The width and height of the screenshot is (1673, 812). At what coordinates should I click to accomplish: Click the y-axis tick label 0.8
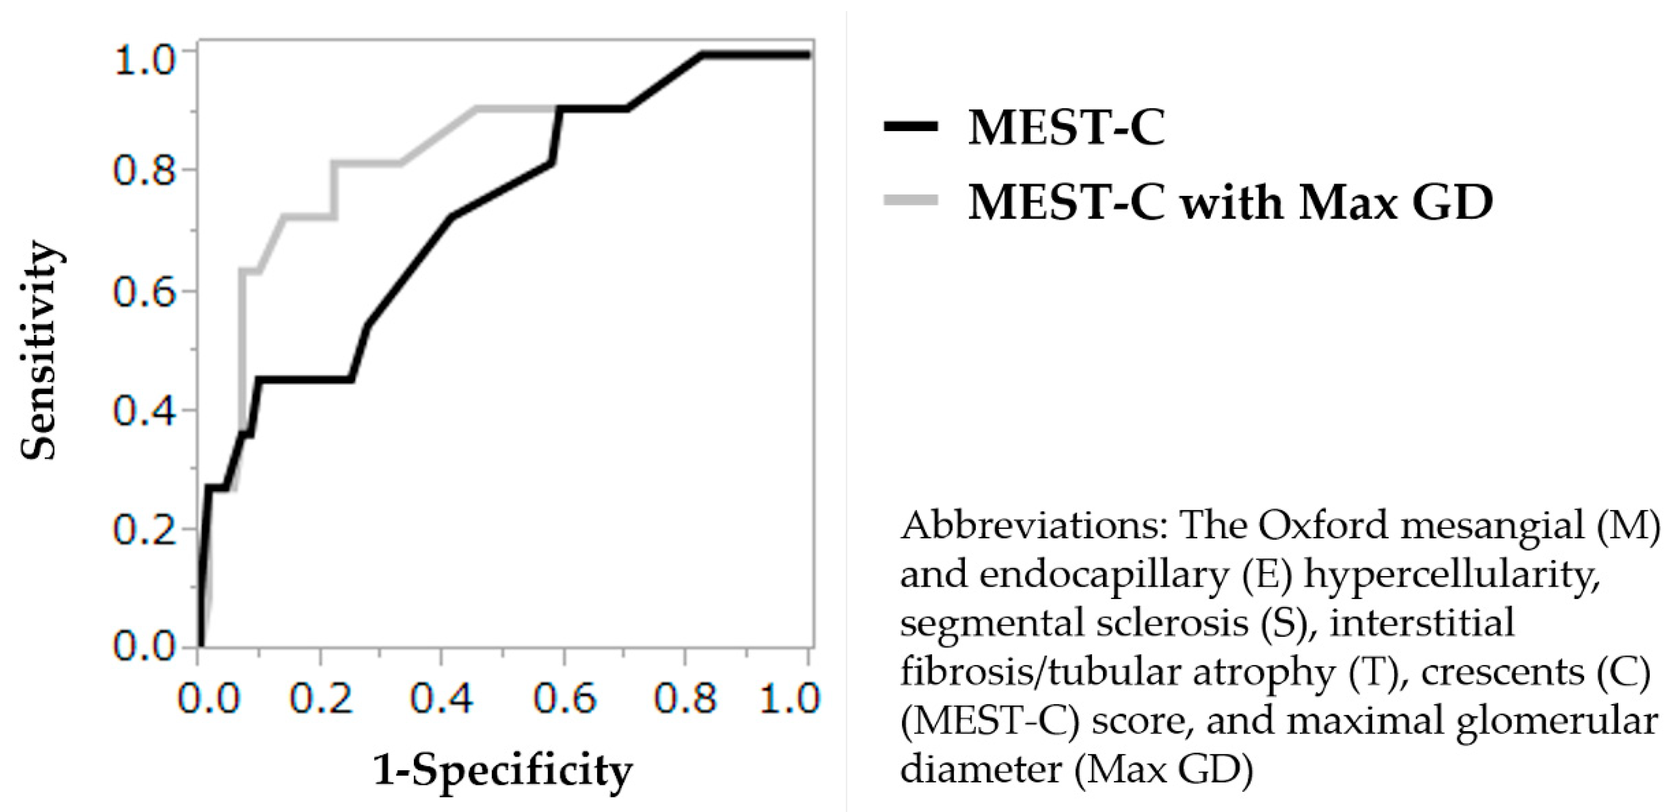[x=144, y=170]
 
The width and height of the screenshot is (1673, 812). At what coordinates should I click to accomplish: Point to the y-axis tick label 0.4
[x=144, y=411]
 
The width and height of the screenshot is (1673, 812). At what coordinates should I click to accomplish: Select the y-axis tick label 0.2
[x=144, y=530]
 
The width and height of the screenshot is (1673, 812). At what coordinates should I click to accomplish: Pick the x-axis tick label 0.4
[x=442, y=699]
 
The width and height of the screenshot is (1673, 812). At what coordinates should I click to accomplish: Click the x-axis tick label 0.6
[x=565, y=699]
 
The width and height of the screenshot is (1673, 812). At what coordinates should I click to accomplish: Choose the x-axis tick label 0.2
[x=321, y=699]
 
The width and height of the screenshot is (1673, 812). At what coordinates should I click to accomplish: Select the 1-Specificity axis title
[x=503, y=771]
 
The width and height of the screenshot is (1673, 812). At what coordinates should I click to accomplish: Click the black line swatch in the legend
[x=911, y=126]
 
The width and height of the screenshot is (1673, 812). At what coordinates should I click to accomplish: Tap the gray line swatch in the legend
[x=911, y=201]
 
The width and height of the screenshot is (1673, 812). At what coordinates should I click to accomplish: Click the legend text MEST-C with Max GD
[x=1230, y=201]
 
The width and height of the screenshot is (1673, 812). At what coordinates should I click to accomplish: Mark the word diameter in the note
[x=981, y=769]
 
